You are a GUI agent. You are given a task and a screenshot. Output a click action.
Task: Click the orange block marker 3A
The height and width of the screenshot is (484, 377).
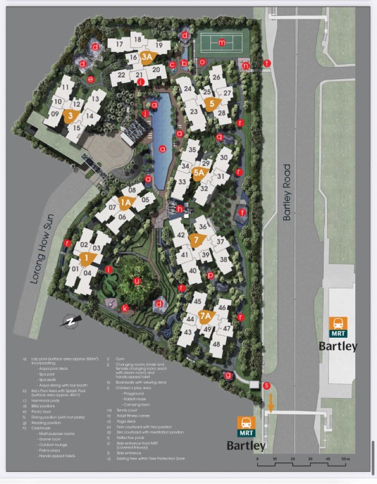coord(147,57)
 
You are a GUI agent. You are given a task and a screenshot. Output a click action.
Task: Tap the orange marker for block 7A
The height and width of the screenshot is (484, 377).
coord(205,316)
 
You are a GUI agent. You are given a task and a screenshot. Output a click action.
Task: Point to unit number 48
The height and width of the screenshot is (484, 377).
coord(216,344)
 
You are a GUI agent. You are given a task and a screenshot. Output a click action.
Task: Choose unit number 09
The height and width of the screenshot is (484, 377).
coord(55,114)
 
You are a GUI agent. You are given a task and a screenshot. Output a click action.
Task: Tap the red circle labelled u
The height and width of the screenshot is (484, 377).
coord(137,281)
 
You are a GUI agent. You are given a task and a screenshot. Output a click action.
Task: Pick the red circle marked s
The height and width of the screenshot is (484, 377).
coord(267,386)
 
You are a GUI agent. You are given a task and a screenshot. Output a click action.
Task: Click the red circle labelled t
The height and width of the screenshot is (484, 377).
coord(267,63)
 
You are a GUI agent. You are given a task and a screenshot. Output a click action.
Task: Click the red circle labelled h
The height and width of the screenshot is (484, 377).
coord(180,208)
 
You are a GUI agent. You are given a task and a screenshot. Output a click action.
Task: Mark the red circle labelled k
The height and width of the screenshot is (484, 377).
coord(125,308)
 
